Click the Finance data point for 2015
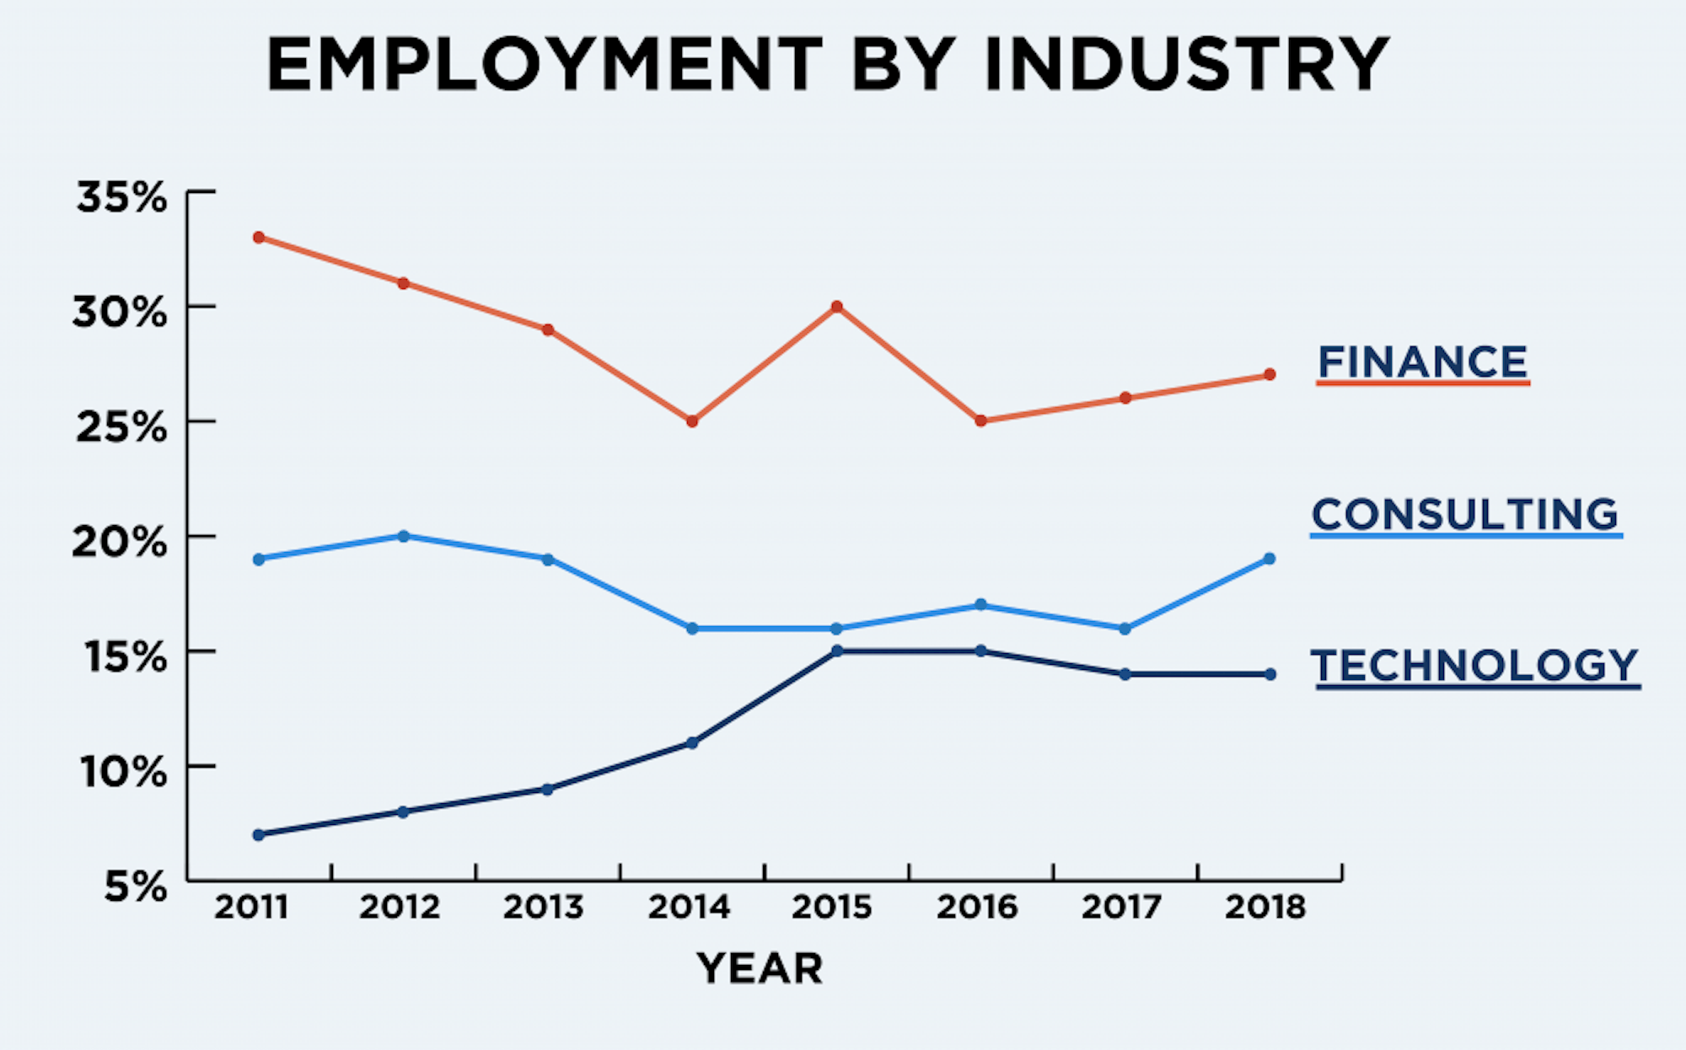836,307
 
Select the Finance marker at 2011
259,238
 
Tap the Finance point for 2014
692,421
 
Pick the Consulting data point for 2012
403,536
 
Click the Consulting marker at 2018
1270,559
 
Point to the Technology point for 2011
259,835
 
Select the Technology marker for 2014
692,743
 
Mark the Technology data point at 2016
980,651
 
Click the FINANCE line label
1422,363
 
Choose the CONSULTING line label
1464,515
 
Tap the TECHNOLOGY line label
1474,666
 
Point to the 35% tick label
121,198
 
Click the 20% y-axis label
120,543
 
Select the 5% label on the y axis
135,887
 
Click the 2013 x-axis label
544,908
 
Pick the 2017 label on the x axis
1121,908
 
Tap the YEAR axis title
760,968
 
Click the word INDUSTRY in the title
1186,65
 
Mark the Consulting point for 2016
980,605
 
